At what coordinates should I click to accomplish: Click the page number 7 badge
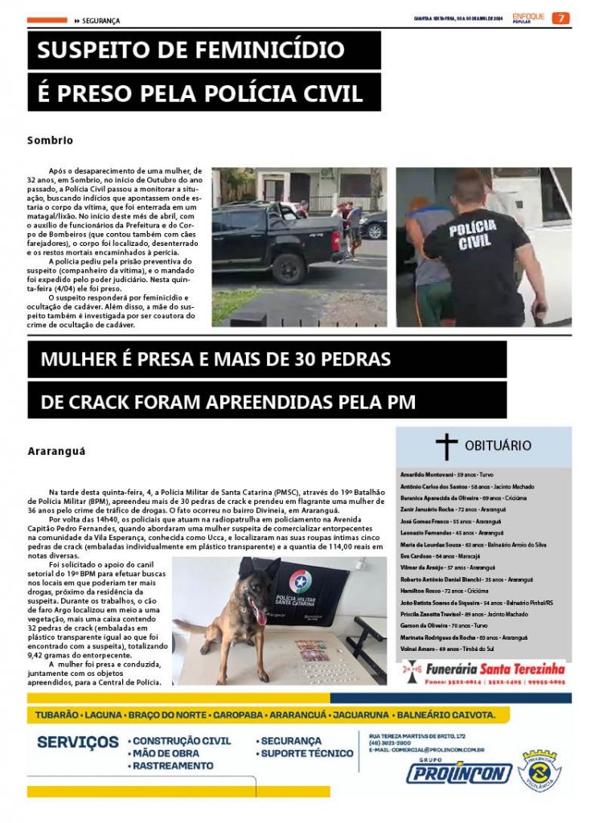(560, 18)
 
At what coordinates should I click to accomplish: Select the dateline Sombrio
(50, 140)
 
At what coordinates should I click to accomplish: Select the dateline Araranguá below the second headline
(56, 452)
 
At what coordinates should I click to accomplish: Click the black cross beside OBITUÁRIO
(446, 446)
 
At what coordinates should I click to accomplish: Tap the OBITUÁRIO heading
(498, 445)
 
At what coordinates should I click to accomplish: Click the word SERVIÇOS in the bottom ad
(78, 742)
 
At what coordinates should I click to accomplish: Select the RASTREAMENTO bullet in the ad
(173, 766)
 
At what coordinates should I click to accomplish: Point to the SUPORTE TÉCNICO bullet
(306, 754)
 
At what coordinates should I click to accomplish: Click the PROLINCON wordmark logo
(458, 773)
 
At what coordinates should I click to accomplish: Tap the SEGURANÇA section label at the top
(101, 20)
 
